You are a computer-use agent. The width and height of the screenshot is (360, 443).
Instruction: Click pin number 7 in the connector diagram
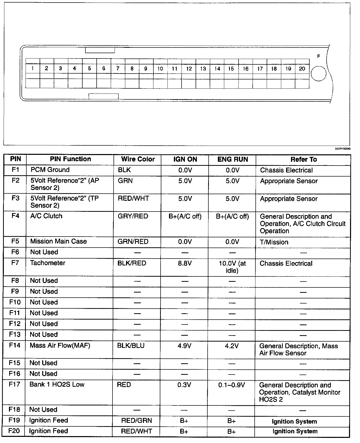tap(118, 68)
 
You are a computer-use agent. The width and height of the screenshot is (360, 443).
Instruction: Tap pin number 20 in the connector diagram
tap(302, 68)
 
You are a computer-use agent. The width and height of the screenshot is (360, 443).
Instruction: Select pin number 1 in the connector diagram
tap(32, 68)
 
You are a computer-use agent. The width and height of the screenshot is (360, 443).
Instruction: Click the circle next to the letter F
tap(319, 74)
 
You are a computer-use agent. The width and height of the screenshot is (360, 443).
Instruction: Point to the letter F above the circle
tap(319, 56)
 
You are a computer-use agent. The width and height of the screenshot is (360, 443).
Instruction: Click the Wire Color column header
tap(138, 159)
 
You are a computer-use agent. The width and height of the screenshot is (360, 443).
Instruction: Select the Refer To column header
tap(303, 160)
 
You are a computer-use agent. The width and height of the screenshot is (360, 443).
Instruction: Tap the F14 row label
tap(14, 345)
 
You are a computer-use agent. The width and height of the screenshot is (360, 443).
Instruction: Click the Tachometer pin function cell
tap(48, 263)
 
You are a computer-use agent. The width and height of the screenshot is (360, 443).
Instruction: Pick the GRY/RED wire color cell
tap(133, 216)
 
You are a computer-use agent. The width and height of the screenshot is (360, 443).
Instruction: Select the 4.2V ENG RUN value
tap(232, 346)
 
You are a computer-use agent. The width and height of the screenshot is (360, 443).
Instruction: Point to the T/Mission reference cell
tap(274, 242)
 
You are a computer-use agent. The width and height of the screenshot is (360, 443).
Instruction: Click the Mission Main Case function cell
tap(58, 241)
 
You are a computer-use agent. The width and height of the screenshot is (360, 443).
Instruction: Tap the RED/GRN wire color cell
tap(137, 421)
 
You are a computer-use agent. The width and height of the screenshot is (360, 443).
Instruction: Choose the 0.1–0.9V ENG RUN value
tap(232, 385)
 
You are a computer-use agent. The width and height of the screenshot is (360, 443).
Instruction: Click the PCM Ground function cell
tap(50, 170)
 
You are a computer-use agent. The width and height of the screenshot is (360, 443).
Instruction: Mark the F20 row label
tap(14, 431)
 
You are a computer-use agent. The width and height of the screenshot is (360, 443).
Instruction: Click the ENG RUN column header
tap(232, 159)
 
